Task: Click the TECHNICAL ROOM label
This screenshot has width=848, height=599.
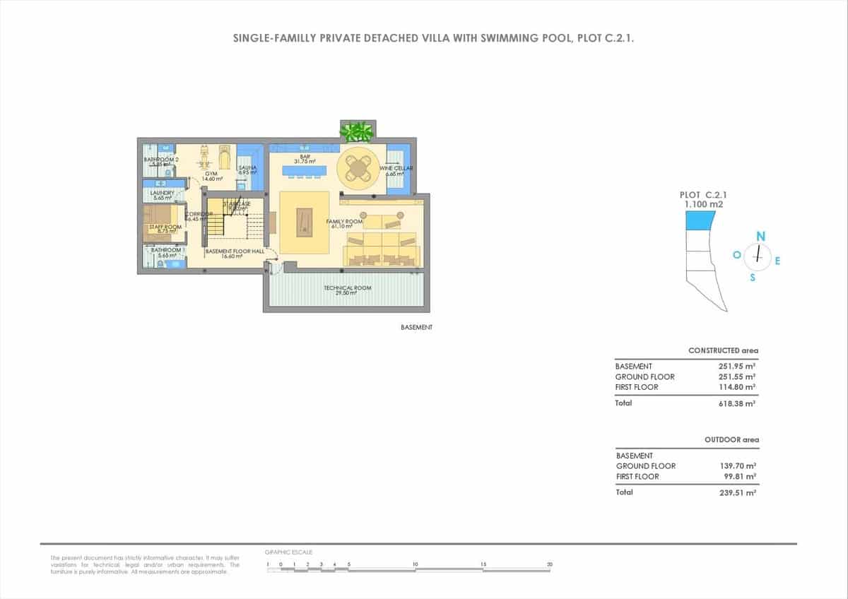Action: pyautogui.click(x=347, y=288)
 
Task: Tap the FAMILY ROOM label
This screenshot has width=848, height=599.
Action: pyautogui.click(x=344, y=222)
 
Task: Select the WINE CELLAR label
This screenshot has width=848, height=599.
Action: pyautogui.click(x=396, y=169)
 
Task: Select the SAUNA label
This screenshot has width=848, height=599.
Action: pyautogui.click(x=246, y=167)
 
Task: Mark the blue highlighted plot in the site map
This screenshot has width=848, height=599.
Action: pyautogui.click(x=699, y=220)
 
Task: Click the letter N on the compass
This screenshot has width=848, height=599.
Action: pyautogui.click(x=761, y=235)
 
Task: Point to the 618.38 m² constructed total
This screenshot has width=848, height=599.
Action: pyautogui.click(x=738, y=403)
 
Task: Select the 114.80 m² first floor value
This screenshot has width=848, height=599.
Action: pyautogui.click(x=738, y=387)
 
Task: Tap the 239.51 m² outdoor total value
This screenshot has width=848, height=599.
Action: pyautogui.click(x=738, y=492)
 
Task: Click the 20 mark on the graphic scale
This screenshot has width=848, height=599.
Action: pyautogui.click(x=549, y=564)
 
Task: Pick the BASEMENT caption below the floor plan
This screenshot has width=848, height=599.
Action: pyautogui.click(x=416, y=328)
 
